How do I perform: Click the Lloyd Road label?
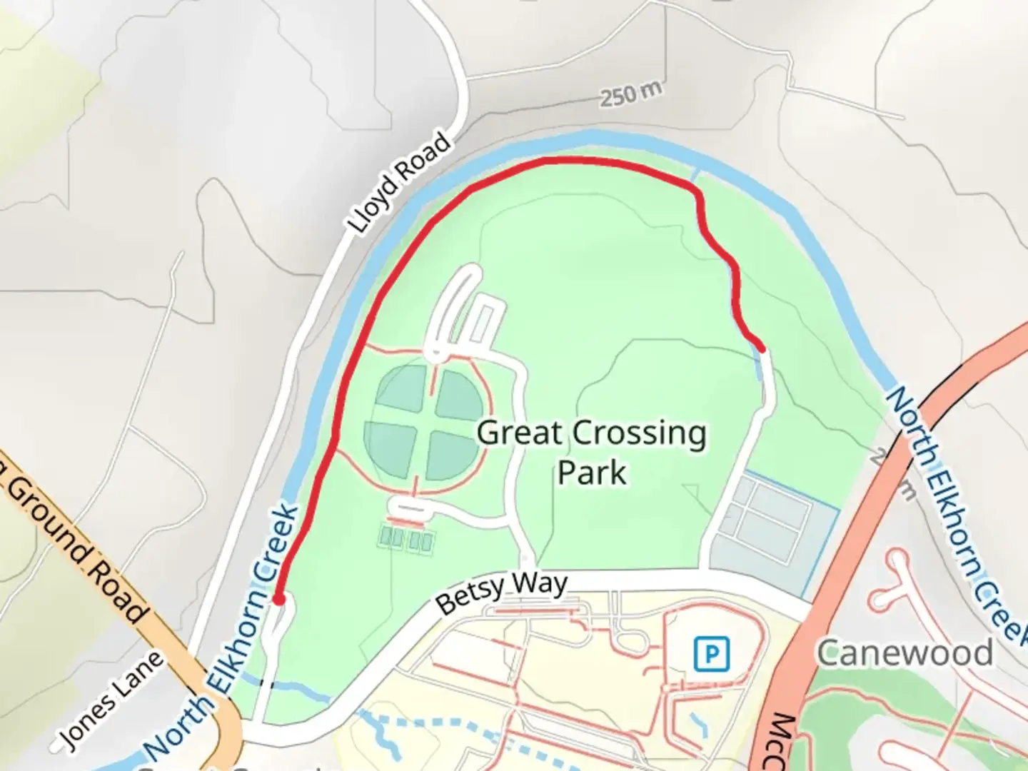[400, 182]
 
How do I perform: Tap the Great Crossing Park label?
[591, 452]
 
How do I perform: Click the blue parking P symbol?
[712, 653]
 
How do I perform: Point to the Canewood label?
[904, 652]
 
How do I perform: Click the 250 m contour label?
[630, 94]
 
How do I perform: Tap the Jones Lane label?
[111, 702]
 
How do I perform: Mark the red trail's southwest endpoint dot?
[279, 599]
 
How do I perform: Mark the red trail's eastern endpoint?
[762, 348]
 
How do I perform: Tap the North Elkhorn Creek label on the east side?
[953, 510]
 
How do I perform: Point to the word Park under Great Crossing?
[591, 472]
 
